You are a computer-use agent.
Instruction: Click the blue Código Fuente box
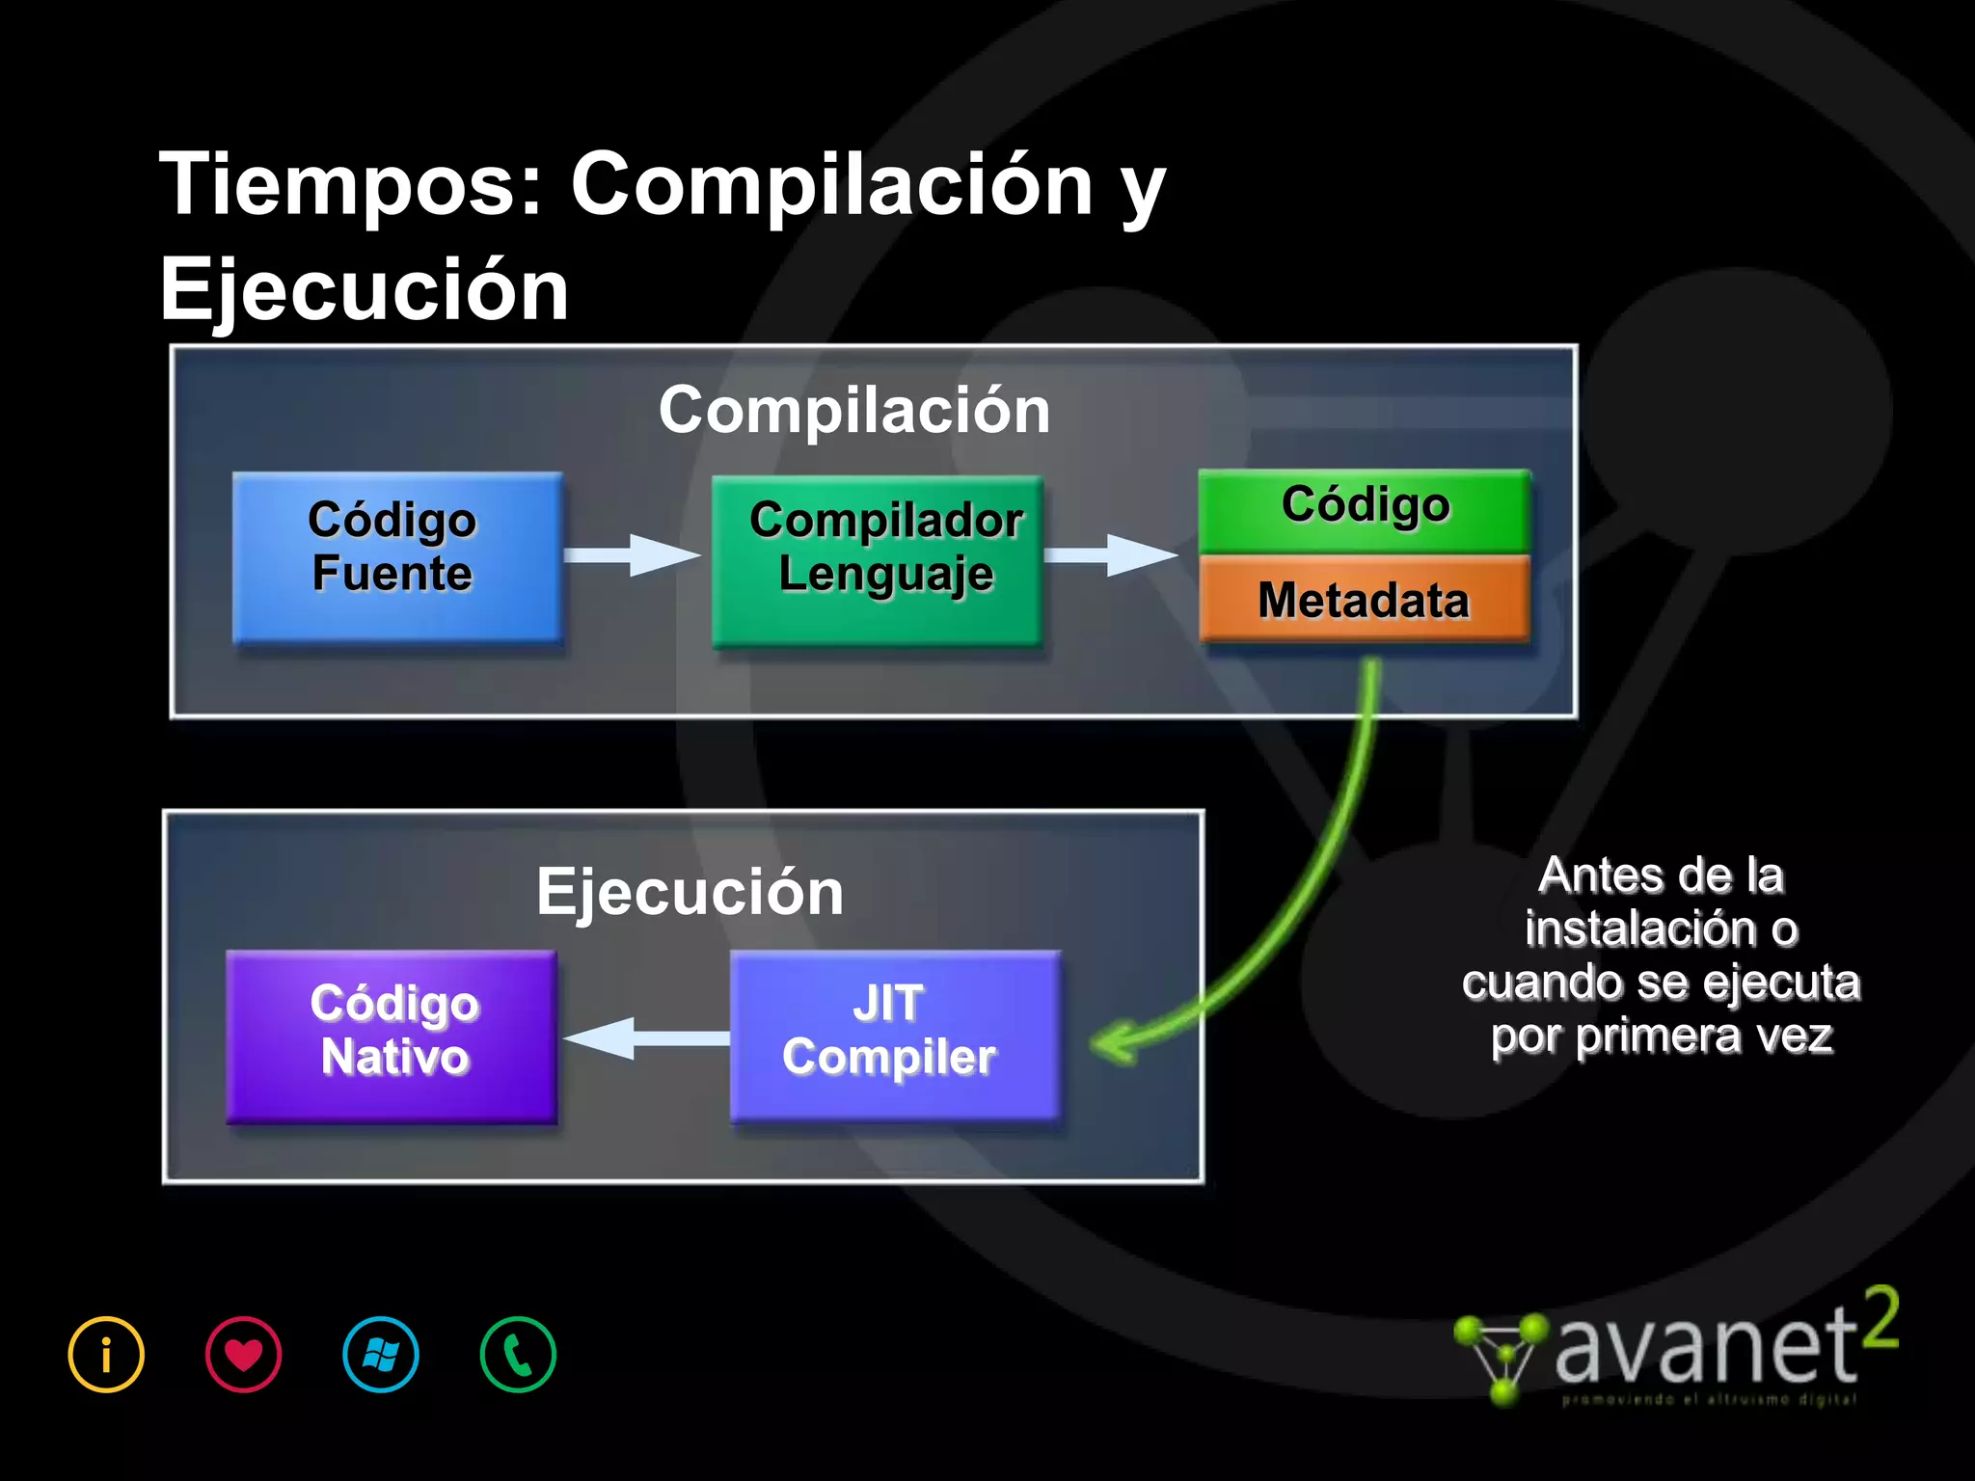click(396, 557)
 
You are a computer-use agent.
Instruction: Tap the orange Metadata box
click(1364, 599)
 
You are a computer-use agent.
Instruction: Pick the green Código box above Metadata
click(1364, 508)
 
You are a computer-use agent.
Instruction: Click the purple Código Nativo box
click(392, 1037)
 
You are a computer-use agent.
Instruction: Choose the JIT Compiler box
click(894, 1036)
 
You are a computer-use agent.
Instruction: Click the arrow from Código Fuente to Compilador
click(632, 555)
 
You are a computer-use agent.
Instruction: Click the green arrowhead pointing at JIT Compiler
click(1114, 1043)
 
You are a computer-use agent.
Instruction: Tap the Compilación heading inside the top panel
click(853, 410)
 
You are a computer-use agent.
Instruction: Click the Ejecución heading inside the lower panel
click(690, 892)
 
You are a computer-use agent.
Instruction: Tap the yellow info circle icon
click(106, 1355)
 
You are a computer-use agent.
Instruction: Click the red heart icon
click(243, 1355)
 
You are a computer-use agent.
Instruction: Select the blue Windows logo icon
click(381, 1355)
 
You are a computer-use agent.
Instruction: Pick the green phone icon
click(518, 1355)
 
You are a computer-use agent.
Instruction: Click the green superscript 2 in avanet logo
click(1880, 1318)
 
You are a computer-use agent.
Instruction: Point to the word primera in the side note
click(1658, 1037)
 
